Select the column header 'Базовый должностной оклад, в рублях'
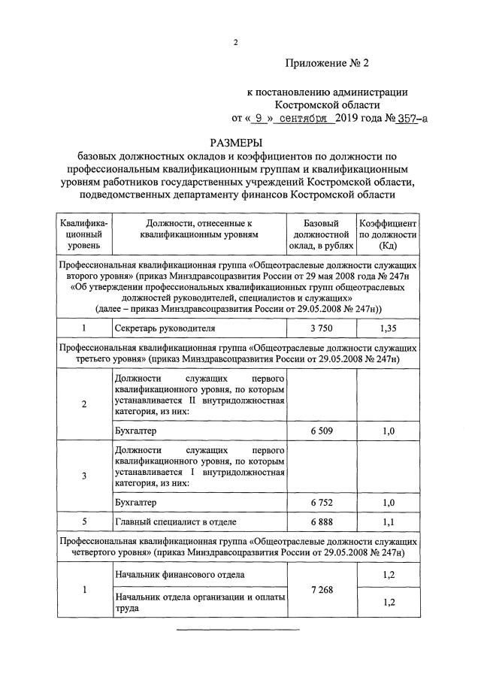pyautogui.click(x=321, y=234)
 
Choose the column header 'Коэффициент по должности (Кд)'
pyautogui.click(x=388, y=234)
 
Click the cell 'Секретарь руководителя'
pyautogui.click(x=165, y=328)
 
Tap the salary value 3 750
pyautogui.click(x=321, y=328)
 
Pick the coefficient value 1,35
pyautogui.click(x=388, y=328)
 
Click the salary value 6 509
pyautogui.click(x=321, y=431)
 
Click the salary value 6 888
pyautogui.click(x=321, y=521)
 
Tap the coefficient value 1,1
pyautogui.click(x=388, y=521)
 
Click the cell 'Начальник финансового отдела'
pyautogui.click(x=179, y=575)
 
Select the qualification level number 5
pyautogui.click(x=83, y=521)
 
